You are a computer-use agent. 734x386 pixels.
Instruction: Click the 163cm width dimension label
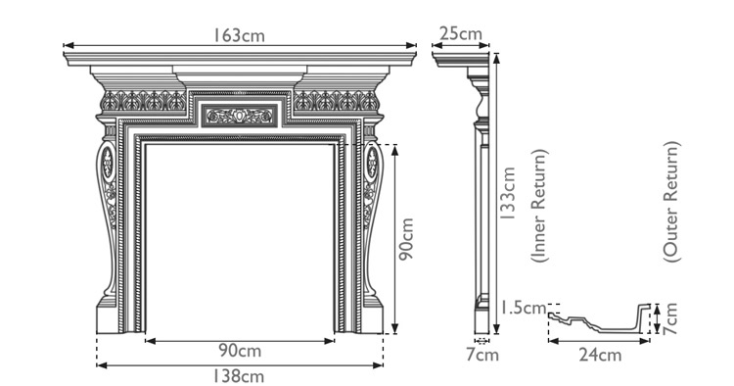240,34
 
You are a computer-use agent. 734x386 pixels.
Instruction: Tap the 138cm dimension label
240,375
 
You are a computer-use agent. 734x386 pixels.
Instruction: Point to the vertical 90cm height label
408,240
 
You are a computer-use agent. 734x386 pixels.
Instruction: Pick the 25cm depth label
459,34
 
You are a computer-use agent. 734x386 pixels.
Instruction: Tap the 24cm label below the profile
598,355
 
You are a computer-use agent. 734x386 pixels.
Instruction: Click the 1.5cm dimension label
520,307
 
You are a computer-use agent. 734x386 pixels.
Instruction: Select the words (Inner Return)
539,206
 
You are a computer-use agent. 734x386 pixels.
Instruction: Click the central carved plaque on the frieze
239,117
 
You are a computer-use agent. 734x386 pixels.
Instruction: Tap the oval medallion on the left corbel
107,163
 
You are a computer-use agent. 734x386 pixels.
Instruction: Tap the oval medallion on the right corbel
372,163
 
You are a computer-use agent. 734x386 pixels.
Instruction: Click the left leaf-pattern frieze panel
143,101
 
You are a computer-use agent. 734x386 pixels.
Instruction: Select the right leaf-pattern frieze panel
336,101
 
